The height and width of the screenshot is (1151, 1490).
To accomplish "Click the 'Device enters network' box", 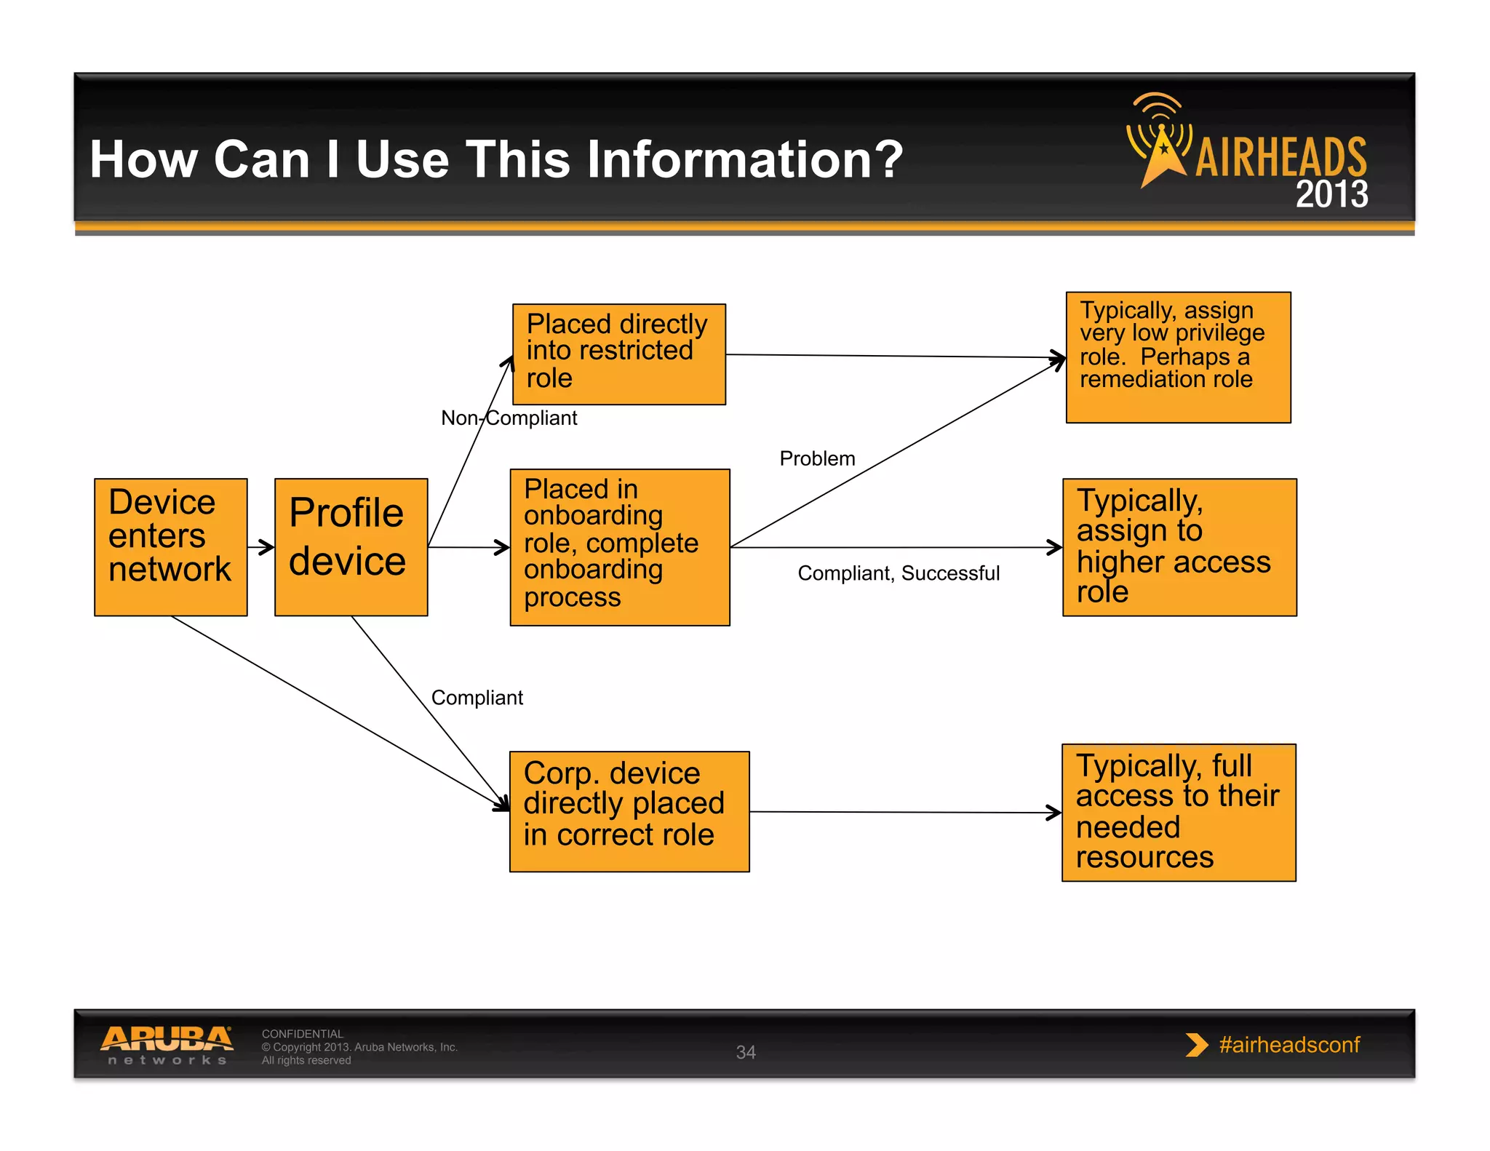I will (170, 546).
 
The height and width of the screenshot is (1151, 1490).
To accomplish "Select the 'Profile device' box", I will (351, 546).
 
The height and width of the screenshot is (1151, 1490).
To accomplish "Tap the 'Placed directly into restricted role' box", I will (618, 354).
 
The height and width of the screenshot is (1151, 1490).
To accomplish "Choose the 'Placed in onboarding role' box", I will (619, 546).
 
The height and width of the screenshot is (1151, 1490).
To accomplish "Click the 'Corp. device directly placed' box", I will (629, 811).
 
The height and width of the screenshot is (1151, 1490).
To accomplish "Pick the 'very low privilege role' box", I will (1178, 357).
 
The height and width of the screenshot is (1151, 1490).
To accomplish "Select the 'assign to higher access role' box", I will (1179, 546).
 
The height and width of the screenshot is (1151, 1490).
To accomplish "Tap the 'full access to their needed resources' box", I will (1178, 812).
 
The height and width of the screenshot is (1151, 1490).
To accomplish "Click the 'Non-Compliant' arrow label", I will (509, 418).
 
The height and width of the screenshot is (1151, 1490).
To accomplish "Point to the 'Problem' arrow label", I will (817, 458).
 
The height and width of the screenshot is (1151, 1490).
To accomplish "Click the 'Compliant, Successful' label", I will (898, 573).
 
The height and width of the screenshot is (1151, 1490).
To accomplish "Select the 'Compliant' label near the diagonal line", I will (477, 698).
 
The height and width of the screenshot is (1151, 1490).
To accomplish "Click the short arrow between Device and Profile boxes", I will (261, 546).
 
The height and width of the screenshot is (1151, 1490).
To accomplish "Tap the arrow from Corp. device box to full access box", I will (905, 812).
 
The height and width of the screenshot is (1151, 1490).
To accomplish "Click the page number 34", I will (746, 1052).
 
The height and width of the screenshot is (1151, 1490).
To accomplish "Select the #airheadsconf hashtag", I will (1288, 1045).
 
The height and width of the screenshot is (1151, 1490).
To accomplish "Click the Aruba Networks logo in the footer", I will (167, 1045).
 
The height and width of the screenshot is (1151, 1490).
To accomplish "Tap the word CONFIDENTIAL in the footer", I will (302, 1034).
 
